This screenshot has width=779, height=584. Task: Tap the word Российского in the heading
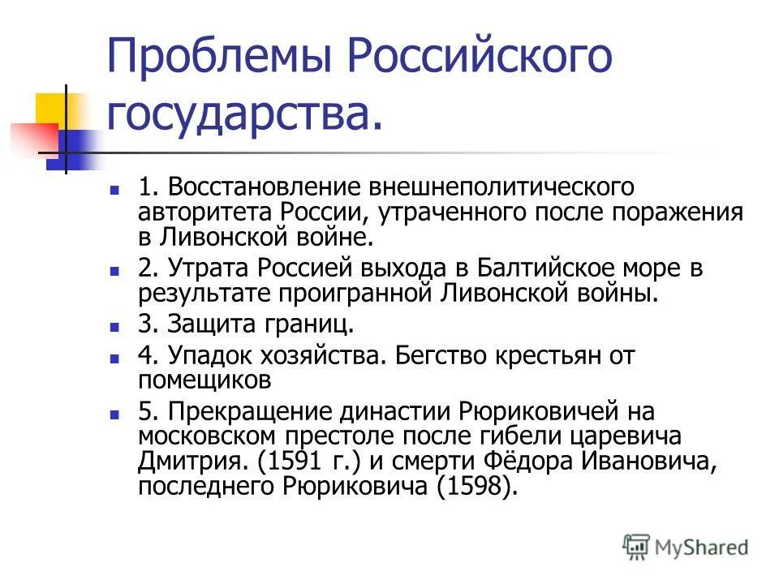(x=480, y=59)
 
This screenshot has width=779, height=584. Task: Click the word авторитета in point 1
(x=206, y=213)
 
